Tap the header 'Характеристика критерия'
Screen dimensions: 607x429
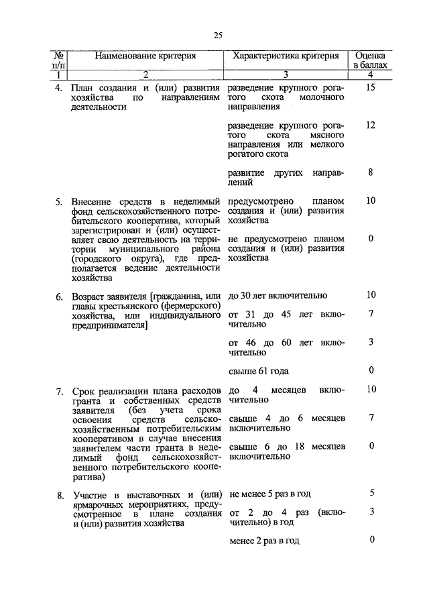point(286,56)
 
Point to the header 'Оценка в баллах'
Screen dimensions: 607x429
point(370,60)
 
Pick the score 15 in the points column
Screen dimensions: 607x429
point(371,88)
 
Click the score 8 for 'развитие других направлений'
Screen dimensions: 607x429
point(371,172)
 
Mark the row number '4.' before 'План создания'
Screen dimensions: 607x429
point(59,89)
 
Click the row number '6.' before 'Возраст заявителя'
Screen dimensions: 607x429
point(59,296)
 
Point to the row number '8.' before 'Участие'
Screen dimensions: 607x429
point(59,494)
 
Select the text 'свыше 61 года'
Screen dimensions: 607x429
point(259,371)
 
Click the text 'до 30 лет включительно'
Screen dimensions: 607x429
point(278,295)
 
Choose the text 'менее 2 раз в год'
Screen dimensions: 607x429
point(263,541)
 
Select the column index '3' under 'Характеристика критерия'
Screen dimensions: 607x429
point(286,74)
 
